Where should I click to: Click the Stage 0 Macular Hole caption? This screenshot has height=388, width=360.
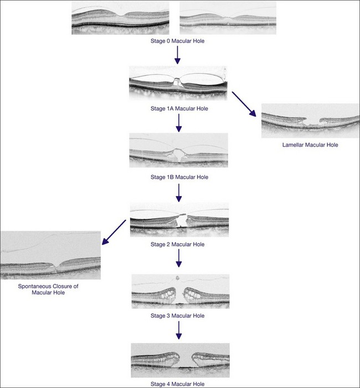[178, 40]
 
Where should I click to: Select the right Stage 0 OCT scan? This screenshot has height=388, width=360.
[229, 18]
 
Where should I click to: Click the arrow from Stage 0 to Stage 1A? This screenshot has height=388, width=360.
[177, 55]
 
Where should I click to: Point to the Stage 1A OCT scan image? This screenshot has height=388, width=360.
[178, 84]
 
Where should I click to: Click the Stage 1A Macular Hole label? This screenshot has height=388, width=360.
[178, 108]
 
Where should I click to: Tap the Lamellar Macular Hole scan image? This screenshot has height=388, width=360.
[310, 121]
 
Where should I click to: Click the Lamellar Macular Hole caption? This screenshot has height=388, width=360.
[310, 145]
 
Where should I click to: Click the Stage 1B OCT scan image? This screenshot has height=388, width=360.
[178, 150]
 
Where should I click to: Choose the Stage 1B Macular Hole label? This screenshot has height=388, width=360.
[178, 177]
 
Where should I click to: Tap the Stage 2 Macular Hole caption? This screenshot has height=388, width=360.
[178, 244]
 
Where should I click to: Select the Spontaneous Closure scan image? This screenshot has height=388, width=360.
[50, 255]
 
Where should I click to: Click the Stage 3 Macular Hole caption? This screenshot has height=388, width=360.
[178, 315]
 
